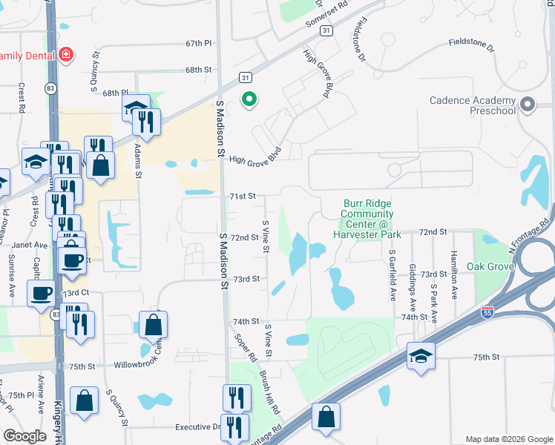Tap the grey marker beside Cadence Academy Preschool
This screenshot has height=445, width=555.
(x=528, y=105)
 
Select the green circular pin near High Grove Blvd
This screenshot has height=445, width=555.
(x=250, y=98)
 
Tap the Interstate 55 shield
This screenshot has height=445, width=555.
(x=487, y=313)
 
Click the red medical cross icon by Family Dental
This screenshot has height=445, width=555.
(x=66, y=55)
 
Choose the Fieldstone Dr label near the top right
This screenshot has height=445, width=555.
(x=471, y=45)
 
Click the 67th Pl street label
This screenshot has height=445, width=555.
(x=199, y=44)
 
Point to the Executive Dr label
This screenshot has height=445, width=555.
(x=198, y=427)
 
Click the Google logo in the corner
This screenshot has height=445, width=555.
(x=25, y=436)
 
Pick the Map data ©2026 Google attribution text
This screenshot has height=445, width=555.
(x=508, y=439)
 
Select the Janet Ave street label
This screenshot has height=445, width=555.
(x=30, y=245)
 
